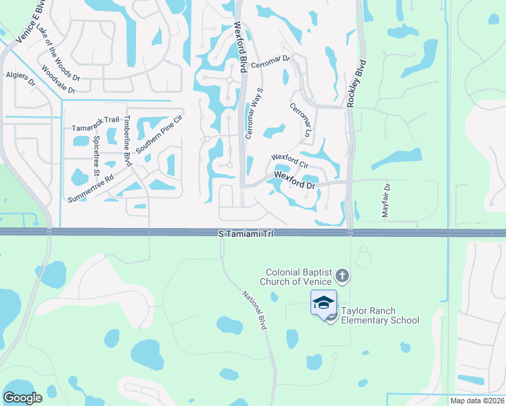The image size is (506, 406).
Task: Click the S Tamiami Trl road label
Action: tap(244, 233)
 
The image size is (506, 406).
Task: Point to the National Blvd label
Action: tap(254, 310)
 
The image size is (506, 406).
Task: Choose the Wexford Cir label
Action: tap(290, 161)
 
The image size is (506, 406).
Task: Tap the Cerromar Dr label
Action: tap(270, 62)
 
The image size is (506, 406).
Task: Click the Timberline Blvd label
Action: tap(127, 139)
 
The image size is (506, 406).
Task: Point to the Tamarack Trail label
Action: tap(95, 127)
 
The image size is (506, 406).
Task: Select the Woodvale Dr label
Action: tap(60, 78)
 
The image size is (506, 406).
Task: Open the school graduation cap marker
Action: tap(324, 302)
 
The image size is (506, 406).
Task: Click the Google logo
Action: tap(22, 398)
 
